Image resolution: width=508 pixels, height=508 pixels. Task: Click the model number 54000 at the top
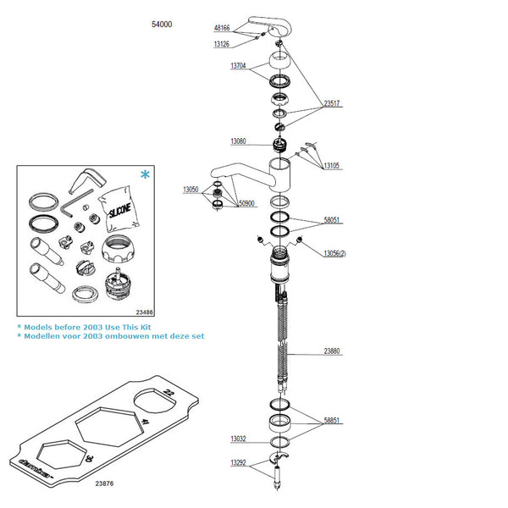(x=162, y=25)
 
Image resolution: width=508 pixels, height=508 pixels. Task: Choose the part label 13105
(x=332, y=166)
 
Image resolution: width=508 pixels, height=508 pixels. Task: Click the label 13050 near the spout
(x=191, y=190)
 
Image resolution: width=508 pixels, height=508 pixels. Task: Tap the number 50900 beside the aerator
(x=246, y=204)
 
